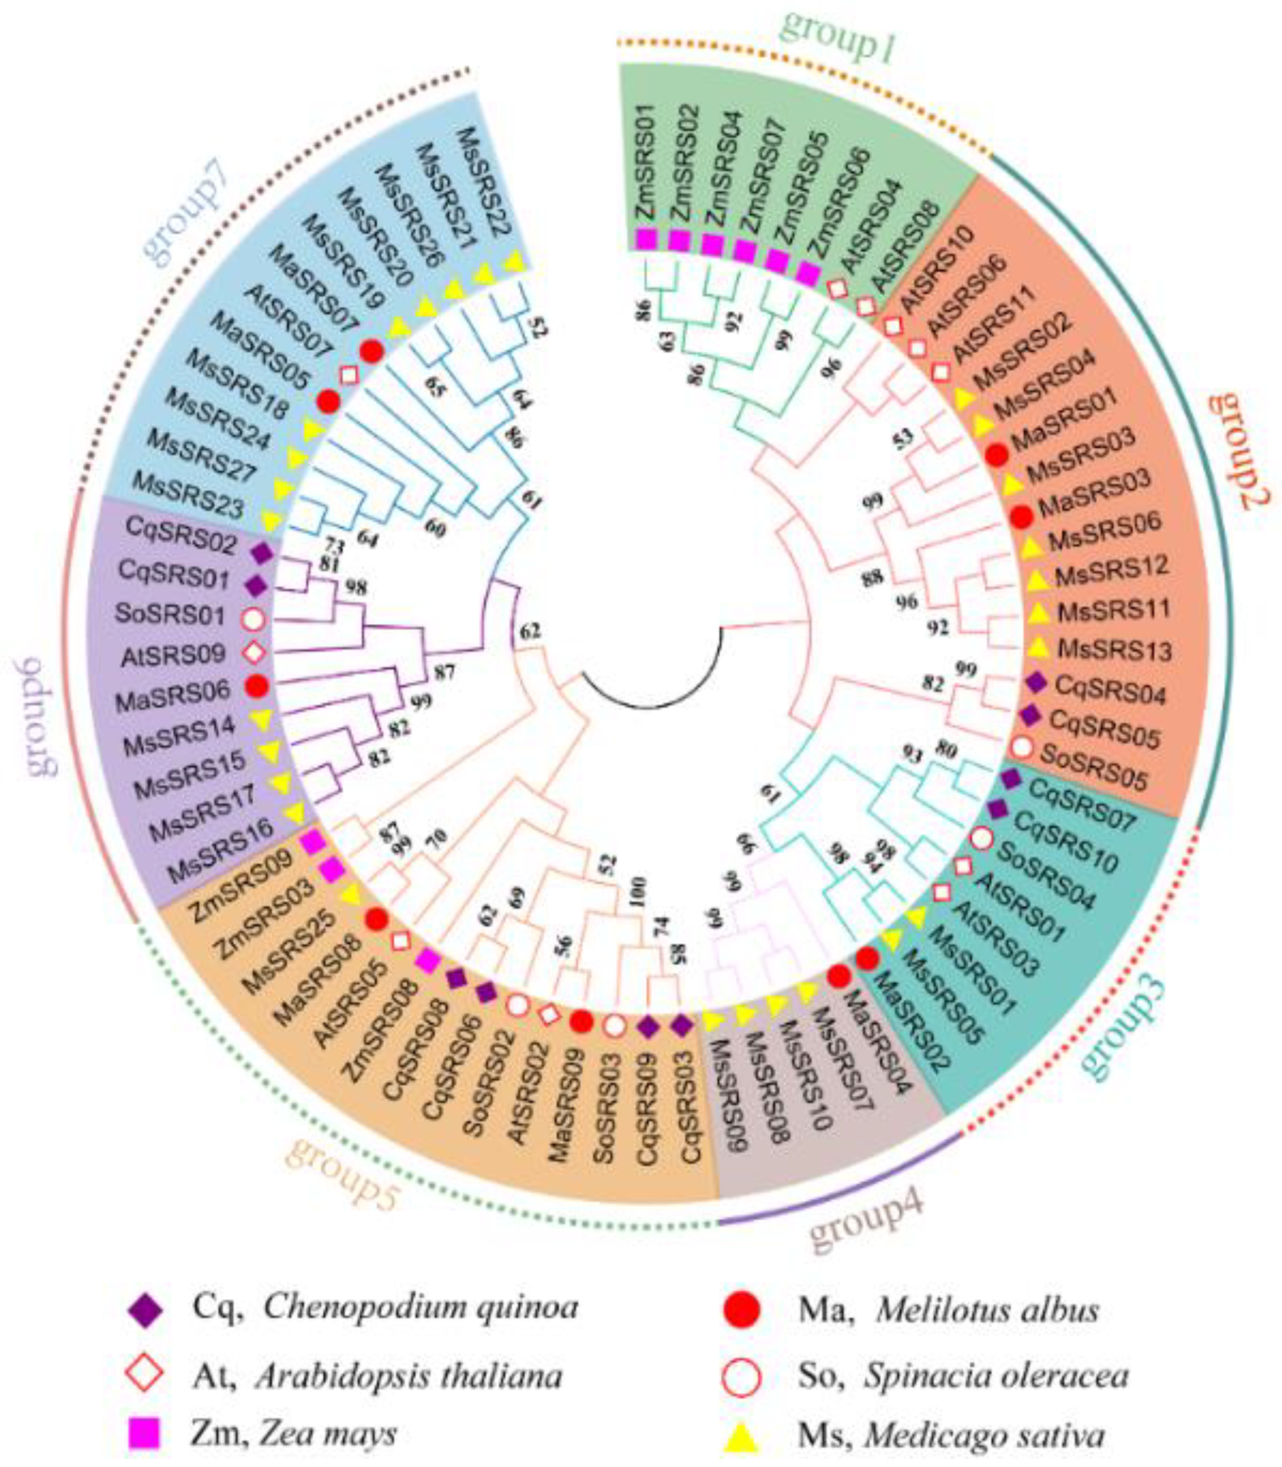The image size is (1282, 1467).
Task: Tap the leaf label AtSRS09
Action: [175, 653]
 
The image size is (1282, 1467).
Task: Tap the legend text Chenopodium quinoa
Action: [420, 1308]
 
